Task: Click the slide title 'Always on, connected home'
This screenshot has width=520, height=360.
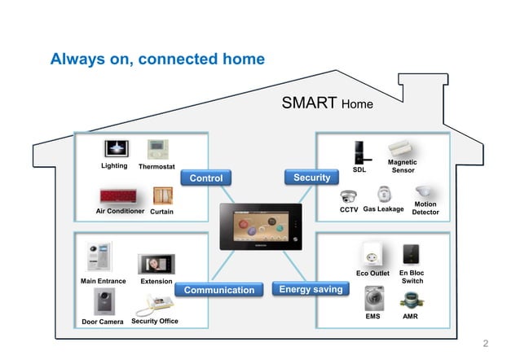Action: (157, 59)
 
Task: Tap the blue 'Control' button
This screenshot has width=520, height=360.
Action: (205, 178)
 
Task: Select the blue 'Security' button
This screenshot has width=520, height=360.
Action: (311, 177)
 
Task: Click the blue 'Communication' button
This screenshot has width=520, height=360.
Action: (218, 290)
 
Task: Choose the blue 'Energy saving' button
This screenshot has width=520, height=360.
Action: (311, 289)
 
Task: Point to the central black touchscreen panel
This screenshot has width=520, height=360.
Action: (260, 227)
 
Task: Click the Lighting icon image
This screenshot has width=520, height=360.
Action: (116, 149)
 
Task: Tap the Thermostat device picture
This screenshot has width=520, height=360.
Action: (157, 149)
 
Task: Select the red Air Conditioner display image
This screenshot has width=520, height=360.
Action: (121, 196)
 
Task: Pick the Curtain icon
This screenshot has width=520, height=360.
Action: (163, 196)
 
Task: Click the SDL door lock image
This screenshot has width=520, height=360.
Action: (359, 152)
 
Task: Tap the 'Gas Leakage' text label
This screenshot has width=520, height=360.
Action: (383, 209)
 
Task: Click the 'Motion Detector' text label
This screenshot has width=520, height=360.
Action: (425, 209)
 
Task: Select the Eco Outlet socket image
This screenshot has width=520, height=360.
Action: (373, 253)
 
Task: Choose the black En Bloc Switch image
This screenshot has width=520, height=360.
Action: (412, 252)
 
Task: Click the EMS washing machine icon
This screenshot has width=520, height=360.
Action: (373, 299)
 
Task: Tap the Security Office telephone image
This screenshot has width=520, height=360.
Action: (156, 304)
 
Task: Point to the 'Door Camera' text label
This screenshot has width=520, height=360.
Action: (103, 322)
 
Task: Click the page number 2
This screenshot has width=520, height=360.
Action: (486, 343)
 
